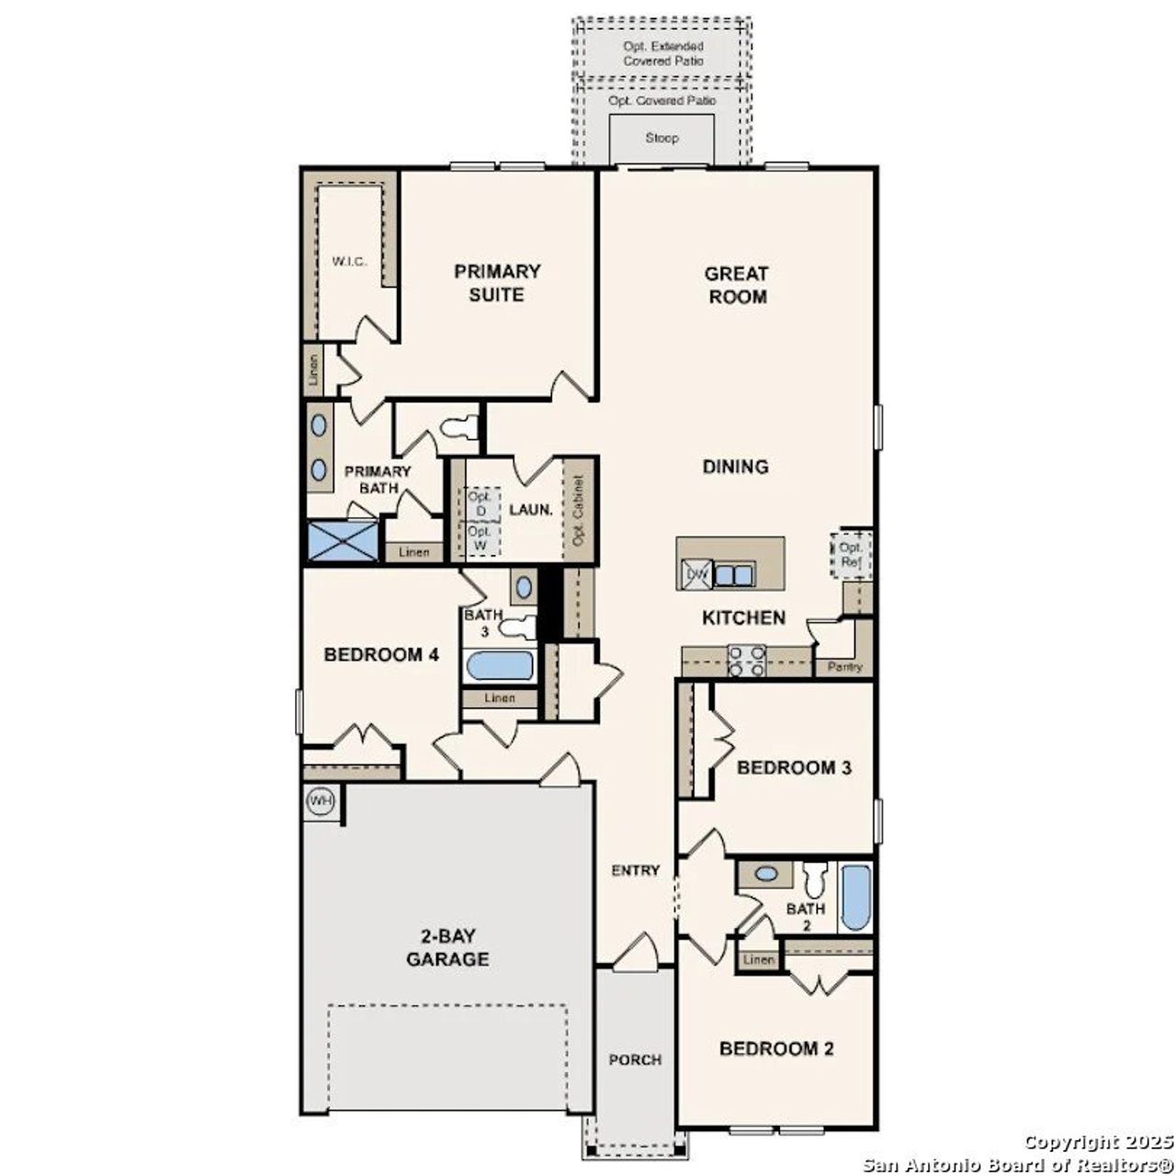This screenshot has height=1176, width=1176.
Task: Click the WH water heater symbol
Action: [320, 801]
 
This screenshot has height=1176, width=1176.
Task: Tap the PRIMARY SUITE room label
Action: [497, 283]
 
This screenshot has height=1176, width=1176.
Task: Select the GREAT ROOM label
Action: [737, 285]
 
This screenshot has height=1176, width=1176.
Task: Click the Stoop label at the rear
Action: [661, 138]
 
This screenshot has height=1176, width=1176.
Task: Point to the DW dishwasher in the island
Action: [695, 575]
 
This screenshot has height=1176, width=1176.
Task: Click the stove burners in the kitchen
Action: [747, 661]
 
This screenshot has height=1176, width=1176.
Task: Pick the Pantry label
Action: [844, 666]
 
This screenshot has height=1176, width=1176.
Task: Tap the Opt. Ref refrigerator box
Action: [851, 555]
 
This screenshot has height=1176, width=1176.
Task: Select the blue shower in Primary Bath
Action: [343, 540]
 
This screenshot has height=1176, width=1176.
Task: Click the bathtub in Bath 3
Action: [500, 666]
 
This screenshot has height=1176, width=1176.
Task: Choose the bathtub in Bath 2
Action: [855, 898]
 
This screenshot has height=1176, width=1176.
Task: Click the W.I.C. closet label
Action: [349, 262]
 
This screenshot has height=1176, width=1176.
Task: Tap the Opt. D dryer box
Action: [480, 503]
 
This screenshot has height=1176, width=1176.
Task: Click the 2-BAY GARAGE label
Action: [447, 948]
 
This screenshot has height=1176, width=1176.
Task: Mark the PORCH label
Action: [635, 1059]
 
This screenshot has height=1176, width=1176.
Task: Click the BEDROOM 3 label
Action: [793, 767]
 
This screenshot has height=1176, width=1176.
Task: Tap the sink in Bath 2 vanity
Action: [764, 874]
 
